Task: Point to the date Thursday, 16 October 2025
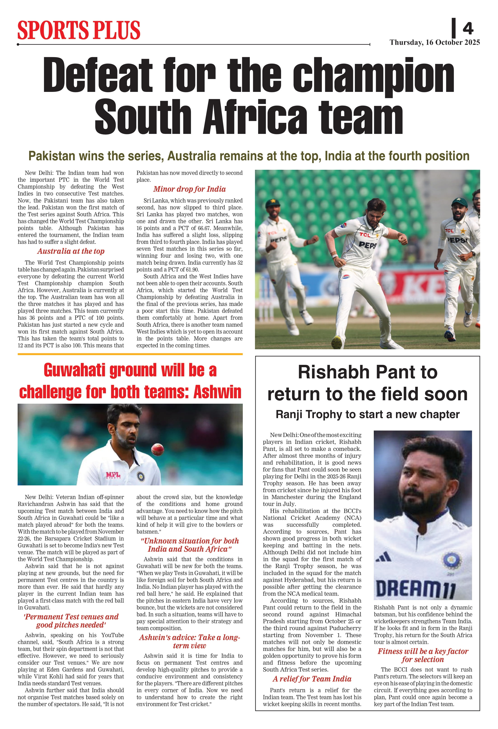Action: tap(435, 42)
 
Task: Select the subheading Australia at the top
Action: tap(71, 251)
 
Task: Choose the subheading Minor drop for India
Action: tap(189, 189)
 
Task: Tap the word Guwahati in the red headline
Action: tap(74, 370)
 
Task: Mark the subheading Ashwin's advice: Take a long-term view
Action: tap(189, 641)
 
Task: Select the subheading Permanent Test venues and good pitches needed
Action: tap(71, 621)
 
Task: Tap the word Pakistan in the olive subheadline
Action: tap(51, 156)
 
